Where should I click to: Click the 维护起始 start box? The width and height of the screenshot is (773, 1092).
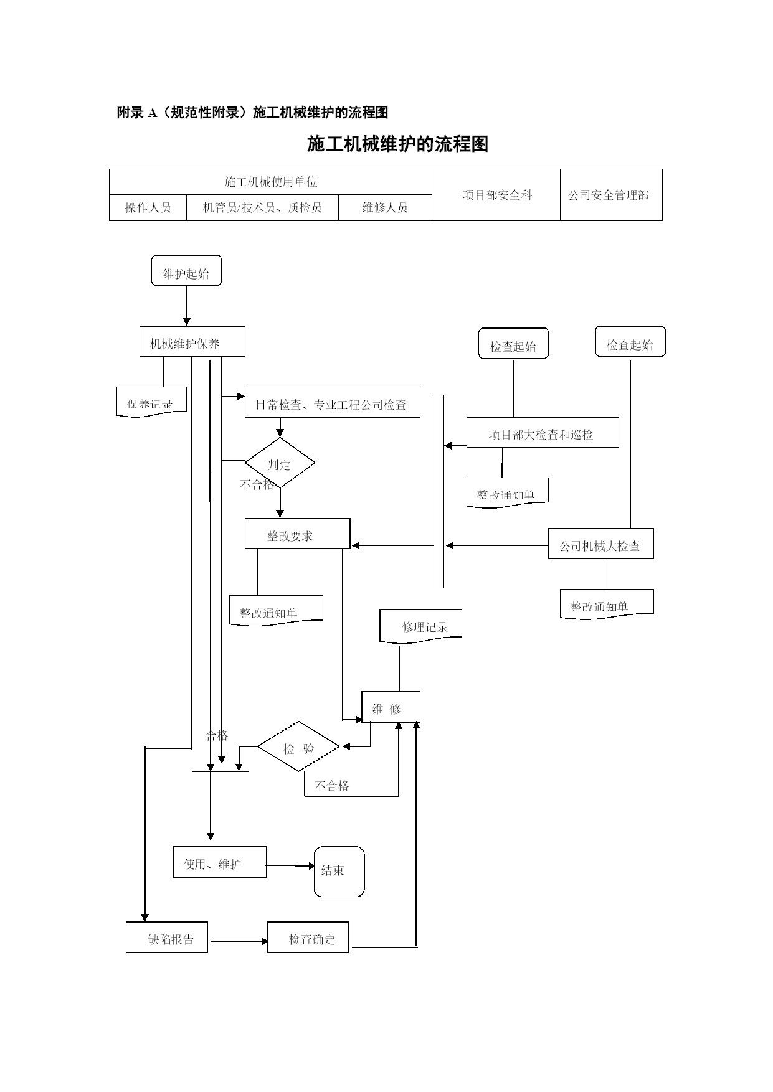[186, 271]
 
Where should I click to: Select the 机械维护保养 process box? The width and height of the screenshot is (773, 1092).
[192, 342]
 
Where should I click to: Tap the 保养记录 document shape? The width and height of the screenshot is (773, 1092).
[151, 402]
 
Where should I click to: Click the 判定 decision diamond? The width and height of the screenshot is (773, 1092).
[280, 463]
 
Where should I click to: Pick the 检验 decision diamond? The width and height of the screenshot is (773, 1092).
[299, 746]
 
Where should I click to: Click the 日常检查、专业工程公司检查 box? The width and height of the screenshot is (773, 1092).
[332, 402]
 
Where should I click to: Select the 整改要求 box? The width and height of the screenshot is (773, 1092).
[297, 534]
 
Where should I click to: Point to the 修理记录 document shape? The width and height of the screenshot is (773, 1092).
[421, 626]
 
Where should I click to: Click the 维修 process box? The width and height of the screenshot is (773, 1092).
[391, 707]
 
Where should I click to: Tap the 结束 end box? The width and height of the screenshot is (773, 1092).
[339, 871]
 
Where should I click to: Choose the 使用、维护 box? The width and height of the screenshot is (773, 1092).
[219, 862]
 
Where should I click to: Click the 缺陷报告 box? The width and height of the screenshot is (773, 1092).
[167, 938]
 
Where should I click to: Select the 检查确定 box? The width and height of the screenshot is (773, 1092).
[308, 938]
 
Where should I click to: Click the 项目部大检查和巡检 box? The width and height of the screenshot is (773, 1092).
[542, 433]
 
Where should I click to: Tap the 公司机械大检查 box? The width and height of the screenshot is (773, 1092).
[600, 544]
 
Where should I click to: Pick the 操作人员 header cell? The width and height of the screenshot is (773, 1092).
[148, 207]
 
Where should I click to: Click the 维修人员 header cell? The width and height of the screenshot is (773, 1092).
[385, 207]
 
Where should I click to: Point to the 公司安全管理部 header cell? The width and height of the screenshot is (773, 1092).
[610, 195]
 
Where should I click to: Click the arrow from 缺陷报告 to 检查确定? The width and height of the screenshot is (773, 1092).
[239, 941]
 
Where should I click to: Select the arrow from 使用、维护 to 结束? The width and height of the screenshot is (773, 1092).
[290, 866]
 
